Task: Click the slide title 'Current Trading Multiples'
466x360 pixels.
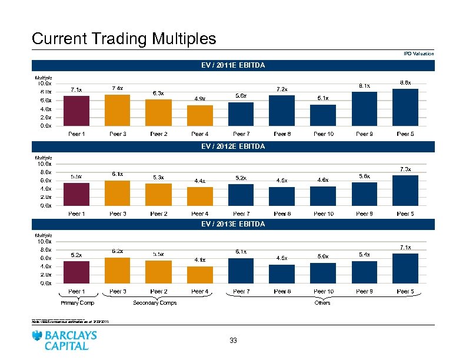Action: click(124, 39)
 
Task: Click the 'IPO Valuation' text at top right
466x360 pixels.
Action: click(419, 54)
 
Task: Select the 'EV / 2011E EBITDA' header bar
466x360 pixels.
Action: click(233, 66)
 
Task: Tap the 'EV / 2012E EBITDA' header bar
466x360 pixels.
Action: click(233, 145)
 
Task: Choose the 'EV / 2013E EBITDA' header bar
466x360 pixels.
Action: click(233, 224)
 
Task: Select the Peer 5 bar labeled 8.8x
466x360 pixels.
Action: click(405, 108)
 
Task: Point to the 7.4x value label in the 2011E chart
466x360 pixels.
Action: click(117, 88)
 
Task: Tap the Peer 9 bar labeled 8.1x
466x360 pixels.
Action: click(364, 109)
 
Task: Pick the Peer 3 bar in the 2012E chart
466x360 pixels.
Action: click(117, 193)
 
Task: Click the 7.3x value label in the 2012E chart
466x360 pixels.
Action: click(405, 169)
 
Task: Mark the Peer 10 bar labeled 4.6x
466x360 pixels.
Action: click(322, 196)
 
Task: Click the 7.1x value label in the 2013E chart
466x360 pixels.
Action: click(405, 248)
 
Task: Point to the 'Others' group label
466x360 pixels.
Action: click(322, 303)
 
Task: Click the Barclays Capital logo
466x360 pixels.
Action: click(65, 340)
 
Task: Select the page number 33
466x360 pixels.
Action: click(233, 341)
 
